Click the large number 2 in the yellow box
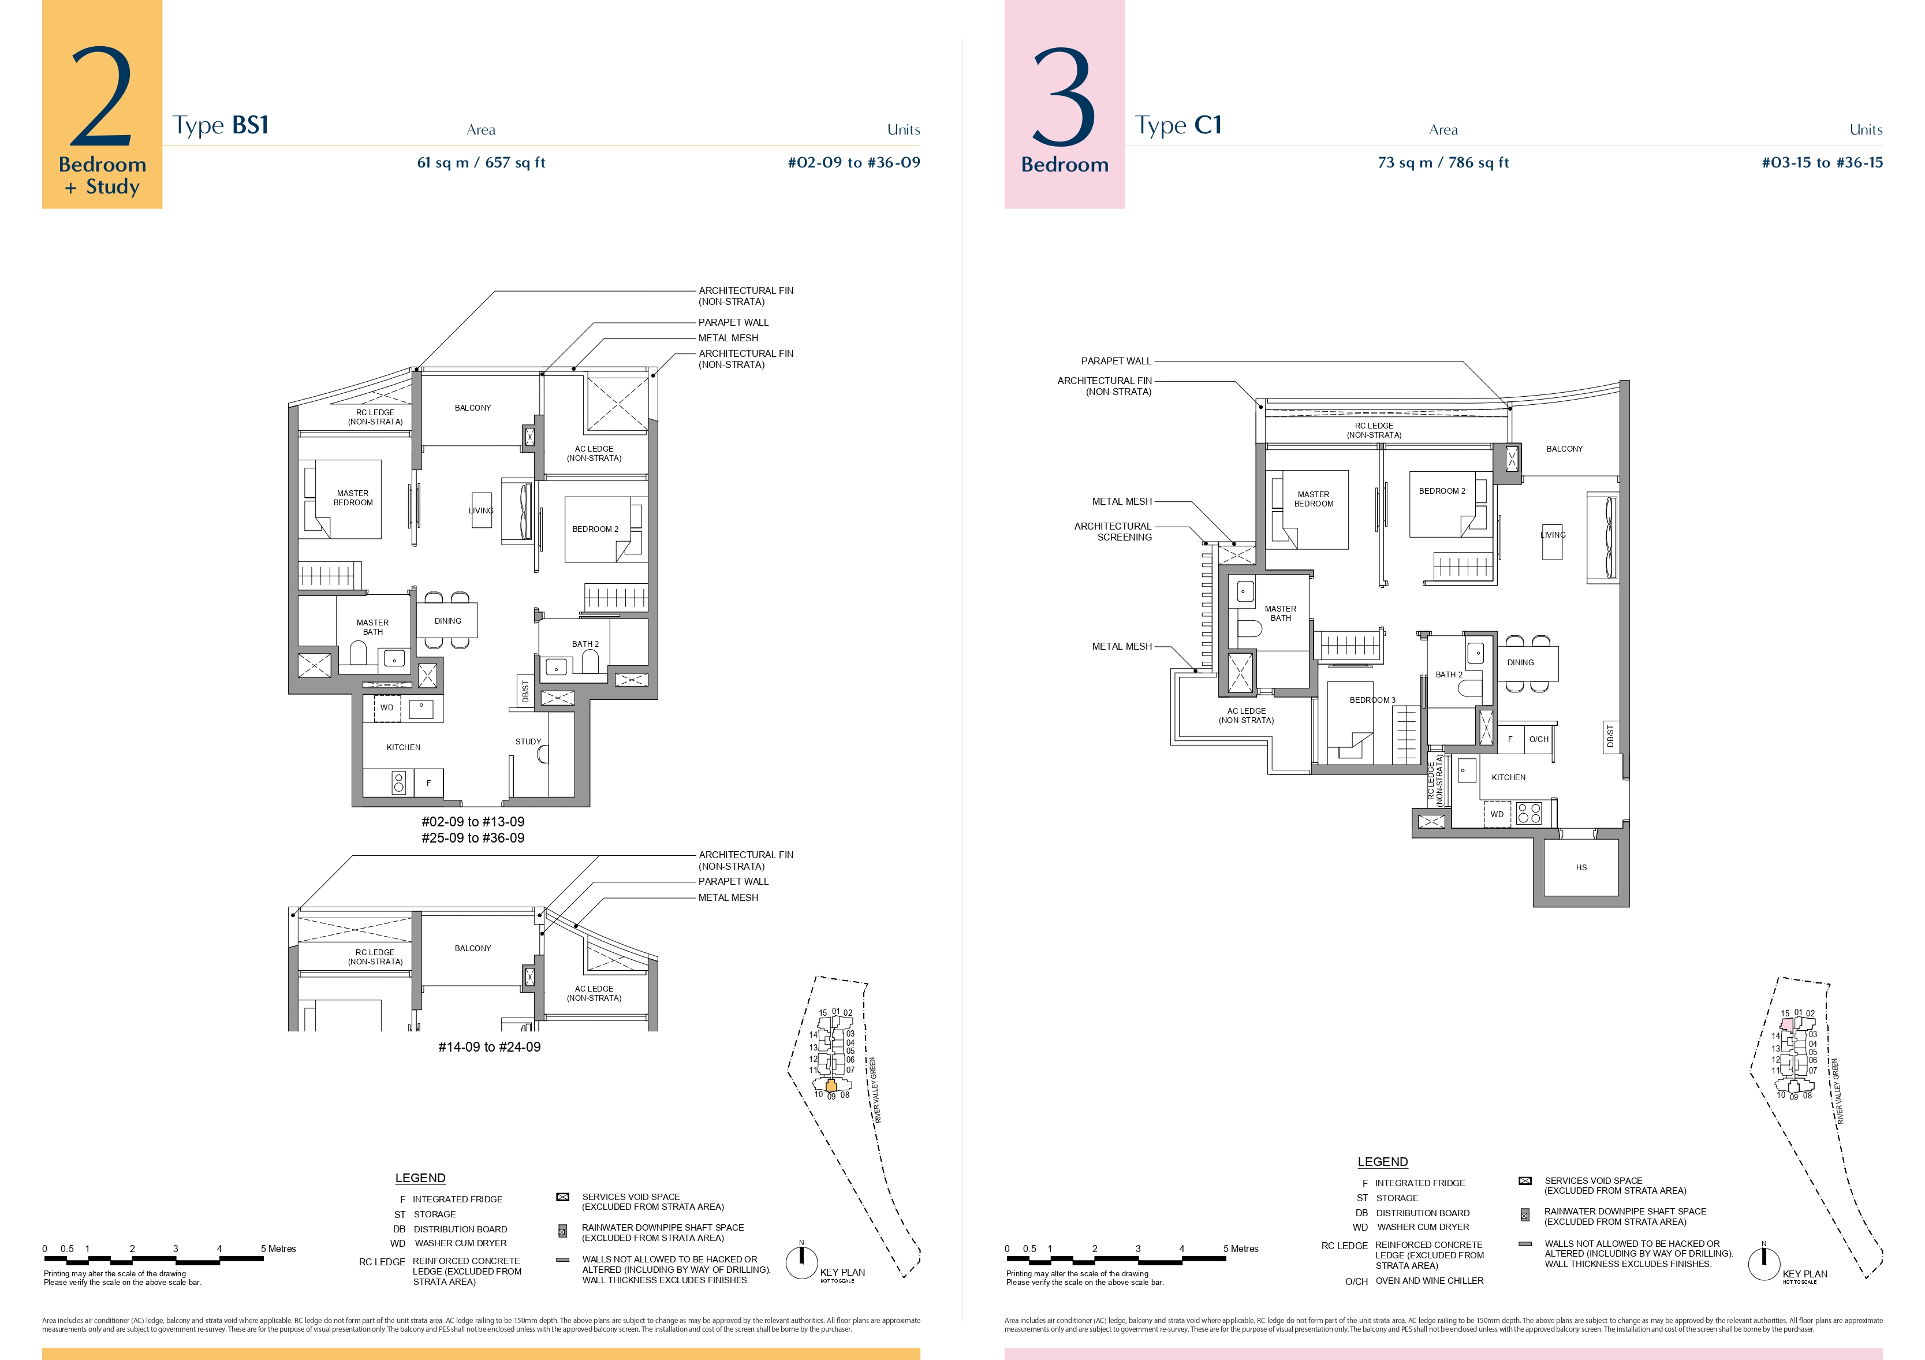102,96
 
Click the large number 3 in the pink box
1064,96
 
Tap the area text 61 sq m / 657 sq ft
482,163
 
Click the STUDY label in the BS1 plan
528,741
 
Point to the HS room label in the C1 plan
1581,867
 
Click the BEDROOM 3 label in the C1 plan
1372,700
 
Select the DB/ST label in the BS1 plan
525,692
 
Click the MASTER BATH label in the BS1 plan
373,627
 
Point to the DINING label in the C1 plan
1520,662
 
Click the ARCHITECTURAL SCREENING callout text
1113,532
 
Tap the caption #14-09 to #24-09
490,1046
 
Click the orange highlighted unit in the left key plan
831,1085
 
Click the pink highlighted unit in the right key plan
1786,1024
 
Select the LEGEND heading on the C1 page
1382,1161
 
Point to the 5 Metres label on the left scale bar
278,1249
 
